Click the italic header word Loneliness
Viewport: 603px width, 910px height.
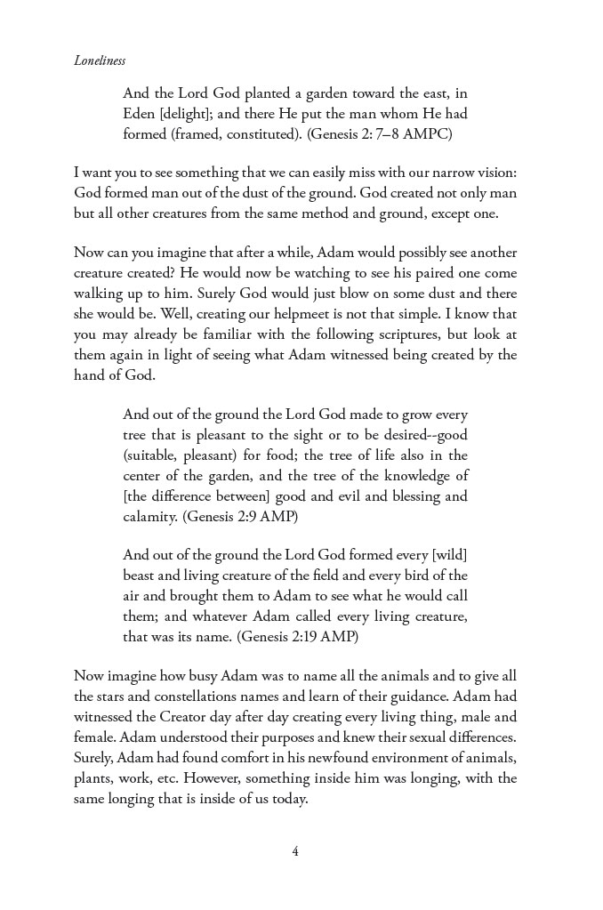(x=100, y=61)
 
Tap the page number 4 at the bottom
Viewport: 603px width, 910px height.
(x=295, y=851)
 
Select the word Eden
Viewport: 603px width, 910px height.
(x=140, y=114)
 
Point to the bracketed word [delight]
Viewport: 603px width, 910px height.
(x=188, y=114)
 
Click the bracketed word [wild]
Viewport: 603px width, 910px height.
(x=448, y=555)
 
